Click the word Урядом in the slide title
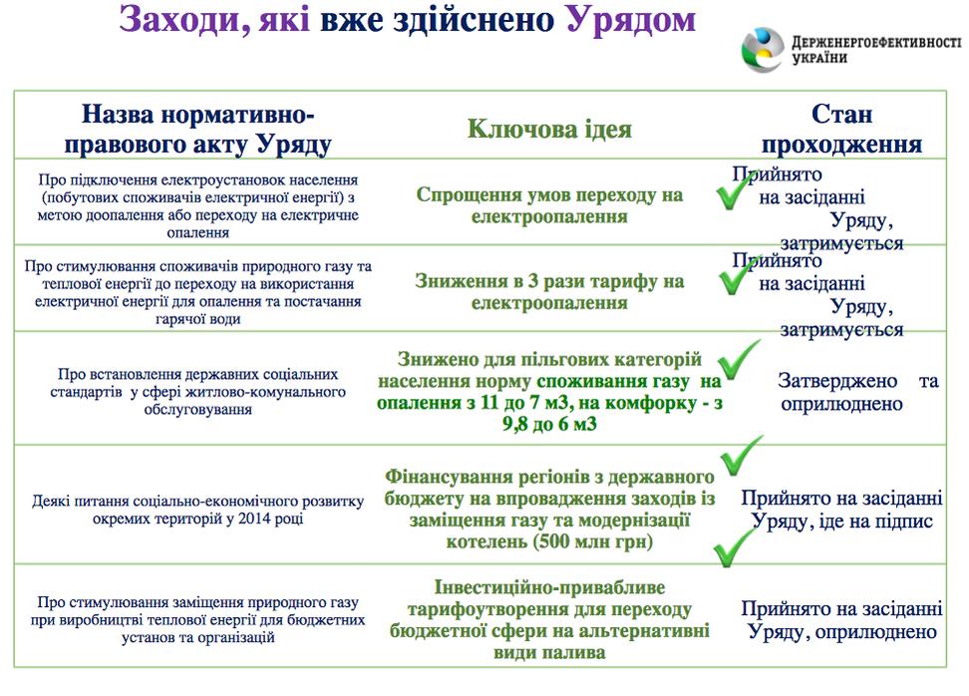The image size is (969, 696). pyautogui.click(x=631, y=19)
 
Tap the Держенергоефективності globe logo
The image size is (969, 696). pyautogui.click(x=763, y=50)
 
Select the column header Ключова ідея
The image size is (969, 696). pyautogui.click(x=549, y=129)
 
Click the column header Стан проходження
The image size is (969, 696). pyautogui.click(x=841, y=129)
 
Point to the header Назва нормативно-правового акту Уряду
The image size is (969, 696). pyautogui.click(x=197, y=129)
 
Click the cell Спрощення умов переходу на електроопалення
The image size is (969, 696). pyautogui.click(x=549, y=205)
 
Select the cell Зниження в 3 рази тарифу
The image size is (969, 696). pyautogui.click(x=549, y=292)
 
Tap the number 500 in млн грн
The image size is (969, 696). pyautogui.click(x=552, y=541)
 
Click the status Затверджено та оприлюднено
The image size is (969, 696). pyautogui.click(x=857, y=392)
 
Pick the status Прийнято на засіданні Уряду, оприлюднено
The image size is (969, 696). pyautogui.click(x=841, y=620)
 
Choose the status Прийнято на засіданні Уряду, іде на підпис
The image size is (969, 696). pyautogui.click(x=841, y=510)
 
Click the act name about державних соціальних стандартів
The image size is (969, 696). pyautogui.click(x=197, y=391)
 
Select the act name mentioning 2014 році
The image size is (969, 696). pyautogui.click(x=197, y=510)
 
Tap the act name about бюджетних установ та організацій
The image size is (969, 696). pyautogui.click(x=197, y=619)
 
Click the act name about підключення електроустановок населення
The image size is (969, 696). pyautogui.click(x=197, y=205)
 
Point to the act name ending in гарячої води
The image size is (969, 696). pyautogui.click(x=197, y=292)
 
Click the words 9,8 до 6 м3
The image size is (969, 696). pyautogui.click(x=549, y=424)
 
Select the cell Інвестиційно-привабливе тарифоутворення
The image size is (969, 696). pyautogui.click(x=549, y=619)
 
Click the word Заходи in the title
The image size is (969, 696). pyautogui.click(x=184, y=19)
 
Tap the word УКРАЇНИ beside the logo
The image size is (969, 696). pyautogui.click(x=819, y=58)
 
